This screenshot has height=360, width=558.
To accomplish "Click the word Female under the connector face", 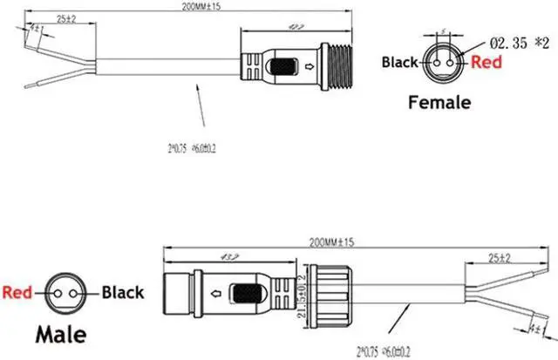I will (x=440, y=103).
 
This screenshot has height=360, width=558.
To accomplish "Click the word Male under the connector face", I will (x=60, y=332).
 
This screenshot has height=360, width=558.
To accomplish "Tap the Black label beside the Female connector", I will (x=401, y=62).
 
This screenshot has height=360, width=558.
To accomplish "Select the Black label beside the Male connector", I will (x=123, y=293).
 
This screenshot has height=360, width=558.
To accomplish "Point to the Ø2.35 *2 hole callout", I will (x=521, y=41).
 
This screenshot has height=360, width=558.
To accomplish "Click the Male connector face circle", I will (x=61, y=294).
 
